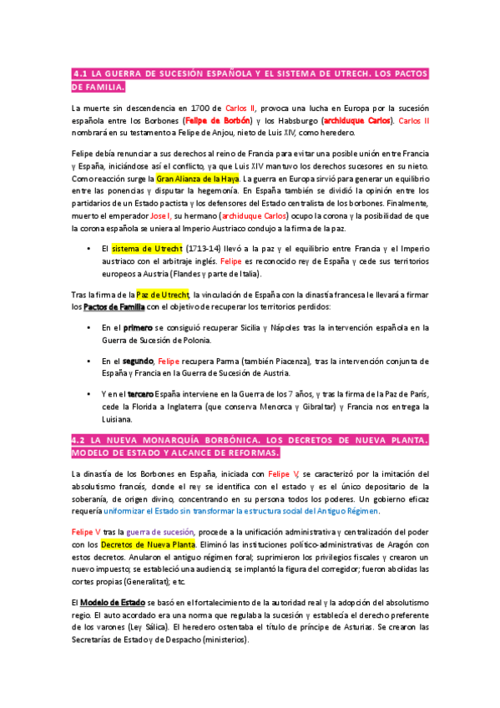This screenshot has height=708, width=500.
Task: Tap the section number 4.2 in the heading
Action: pos(81,439)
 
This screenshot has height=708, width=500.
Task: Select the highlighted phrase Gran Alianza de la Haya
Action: pos(198,179)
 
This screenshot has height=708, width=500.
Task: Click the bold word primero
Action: pos(138,328)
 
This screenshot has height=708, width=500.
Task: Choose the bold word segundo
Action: pos(139,361)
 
